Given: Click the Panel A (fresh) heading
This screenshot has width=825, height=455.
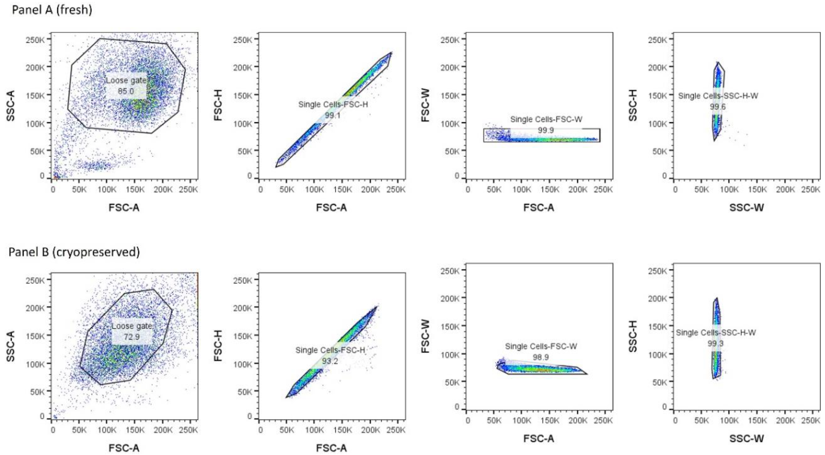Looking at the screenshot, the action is pos(52,10).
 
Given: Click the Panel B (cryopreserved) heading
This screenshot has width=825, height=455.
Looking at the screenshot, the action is pos(74,252).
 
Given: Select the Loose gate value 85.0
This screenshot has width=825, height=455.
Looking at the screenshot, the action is pos(126,91).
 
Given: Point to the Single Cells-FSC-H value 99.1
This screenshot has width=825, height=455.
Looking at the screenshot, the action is pos(333,115).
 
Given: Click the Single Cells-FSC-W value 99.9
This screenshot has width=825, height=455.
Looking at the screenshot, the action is pos(546,130).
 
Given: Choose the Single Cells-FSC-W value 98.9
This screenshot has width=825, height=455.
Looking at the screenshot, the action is pos(541,357).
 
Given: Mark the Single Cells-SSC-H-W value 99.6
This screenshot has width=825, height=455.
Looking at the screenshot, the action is pos(718,106).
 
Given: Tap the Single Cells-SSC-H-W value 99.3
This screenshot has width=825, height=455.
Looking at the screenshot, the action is pos(716,343).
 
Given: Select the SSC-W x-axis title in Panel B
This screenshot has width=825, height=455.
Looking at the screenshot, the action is pos(747,438).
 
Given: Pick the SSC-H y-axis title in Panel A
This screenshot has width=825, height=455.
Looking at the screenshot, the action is pos(633,105).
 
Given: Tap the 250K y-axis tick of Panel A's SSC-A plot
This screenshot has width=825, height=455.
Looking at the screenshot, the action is pos(36,40).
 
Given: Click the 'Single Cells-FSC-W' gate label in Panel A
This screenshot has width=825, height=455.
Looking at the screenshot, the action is pos(546,119).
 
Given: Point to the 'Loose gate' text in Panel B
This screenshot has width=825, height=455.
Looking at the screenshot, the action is pos(132,326).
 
